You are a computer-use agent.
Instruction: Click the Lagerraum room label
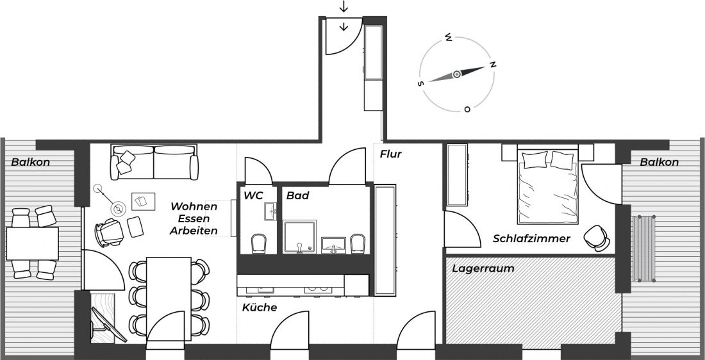coord(483,268)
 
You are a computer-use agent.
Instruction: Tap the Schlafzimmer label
coord(531,238)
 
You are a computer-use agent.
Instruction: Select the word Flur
coord(390,154)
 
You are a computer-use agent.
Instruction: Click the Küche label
coord(260,307)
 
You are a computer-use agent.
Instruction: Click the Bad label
coord(297,195)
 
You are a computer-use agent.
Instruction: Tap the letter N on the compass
coord(493,64)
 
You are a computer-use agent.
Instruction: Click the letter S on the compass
coord(420,83)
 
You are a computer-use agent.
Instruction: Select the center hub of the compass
coord(457,74)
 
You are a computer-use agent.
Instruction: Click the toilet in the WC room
coord(258,243)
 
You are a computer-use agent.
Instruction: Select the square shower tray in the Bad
coord(301,236)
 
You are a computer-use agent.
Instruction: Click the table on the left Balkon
coord(32,243)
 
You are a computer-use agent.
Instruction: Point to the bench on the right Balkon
coord(644,248)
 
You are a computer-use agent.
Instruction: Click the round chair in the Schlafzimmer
coord(595,236)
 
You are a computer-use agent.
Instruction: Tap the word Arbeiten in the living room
coord(194,231)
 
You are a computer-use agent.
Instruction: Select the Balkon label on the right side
coord(659,162)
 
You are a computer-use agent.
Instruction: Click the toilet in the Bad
coord(358,243)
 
